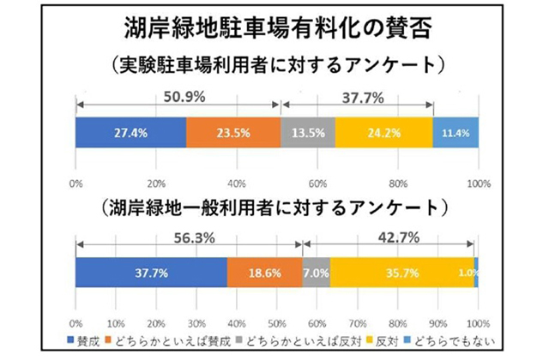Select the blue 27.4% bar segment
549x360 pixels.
pos(130,134)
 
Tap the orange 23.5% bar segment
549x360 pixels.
pos(233,134)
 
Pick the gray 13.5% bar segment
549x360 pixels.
pos(308,134)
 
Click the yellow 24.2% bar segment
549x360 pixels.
pos(383,134)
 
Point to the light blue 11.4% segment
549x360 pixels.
pos(455,134)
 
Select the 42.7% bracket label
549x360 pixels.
pos(391,236)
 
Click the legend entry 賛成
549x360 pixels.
pos(87,342)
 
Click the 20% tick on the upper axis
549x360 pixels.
pos(156,183)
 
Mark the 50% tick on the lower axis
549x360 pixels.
pos(276,324)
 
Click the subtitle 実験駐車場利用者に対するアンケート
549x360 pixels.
pos(274,65)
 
